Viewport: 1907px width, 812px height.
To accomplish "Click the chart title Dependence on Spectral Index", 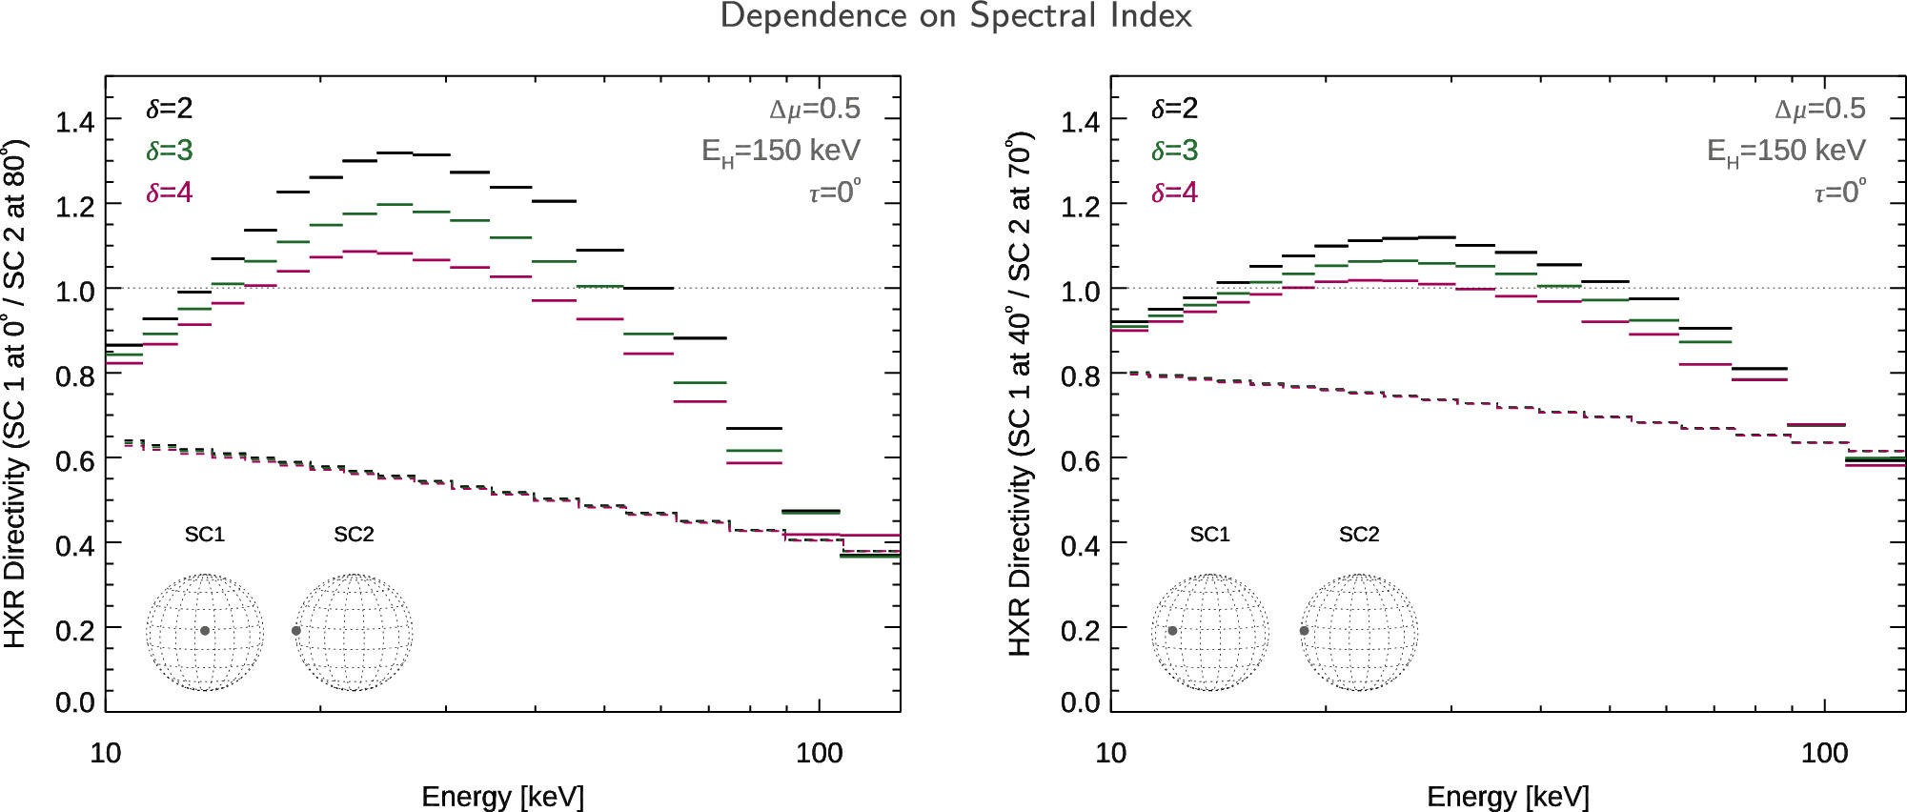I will pos(955,16).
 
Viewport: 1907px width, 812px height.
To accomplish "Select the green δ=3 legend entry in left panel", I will pos(169,151).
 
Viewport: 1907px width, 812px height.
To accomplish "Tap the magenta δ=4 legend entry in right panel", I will pos(1174,193).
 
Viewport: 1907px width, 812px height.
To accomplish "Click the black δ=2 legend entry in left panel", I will pos(169,109).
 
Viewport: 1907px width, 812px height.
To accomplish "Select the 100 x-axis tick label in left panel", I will pos(819,754).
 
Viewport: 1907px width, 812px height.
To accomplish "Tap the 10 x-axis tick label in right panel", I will pos(1110,754).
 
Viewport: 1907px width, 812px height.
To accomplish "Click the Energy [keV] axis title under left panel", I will pos(502,797).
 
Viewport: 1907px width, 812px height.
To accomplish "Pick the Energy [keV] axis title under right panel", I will pos(1508,797).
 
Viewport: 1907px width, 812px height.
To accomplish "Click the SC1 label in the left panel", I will pos(205,535).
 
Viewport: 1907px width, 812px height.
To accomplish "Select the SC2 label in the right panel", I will pos(1359,535).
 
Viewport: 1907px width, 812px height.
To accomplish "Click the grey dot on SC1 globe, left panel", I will pos(205,631).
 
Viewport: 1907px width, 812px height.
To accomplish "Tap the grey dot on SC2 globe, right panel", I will pos(1304,631).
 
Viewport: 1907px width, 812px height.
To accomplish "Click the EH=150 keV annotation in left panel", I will pos(781,152).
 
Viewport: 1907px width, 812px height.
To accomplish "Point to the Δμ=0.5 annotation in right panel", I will pos(1819,110).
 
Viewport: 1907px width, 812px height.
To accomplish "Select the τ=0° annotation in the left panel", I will pos(835,192).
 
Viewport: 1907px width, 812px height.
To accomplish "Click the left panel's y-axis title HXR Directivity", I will pos(15,394).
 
